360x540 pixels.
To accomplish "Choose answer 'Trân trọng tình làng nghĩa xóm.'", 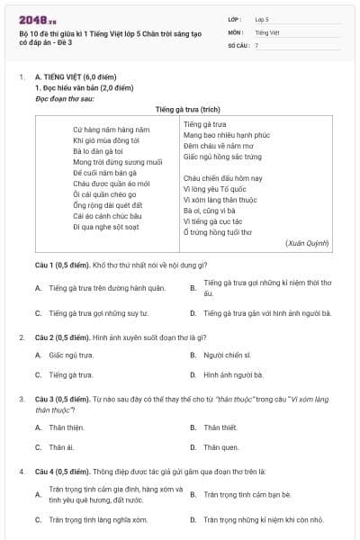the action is (x=97, y=519).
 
